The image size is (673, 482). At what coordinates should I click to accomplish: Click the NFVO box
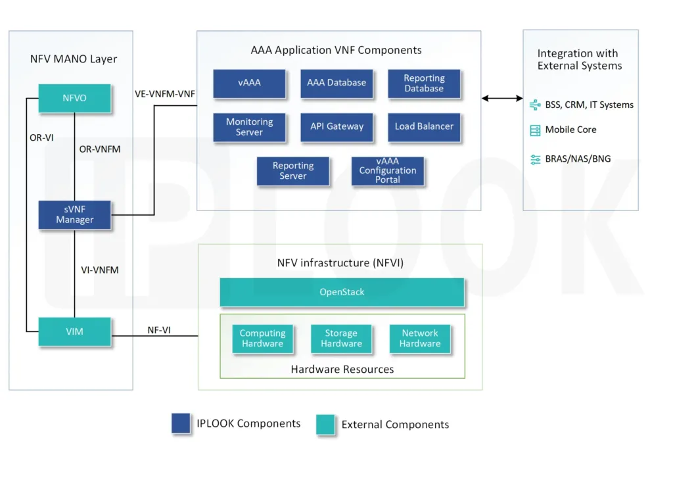click(74, 98)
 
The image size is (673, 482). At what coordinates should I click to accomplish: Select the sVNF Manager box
click(74, 214)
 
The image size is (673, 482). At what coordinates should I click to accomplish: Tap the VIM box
click(74, 331)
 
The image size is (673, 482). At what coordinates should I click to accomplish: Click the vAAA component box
click(249, 83)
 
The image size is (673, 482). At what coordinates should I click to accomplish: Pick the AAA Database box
click(336, 83)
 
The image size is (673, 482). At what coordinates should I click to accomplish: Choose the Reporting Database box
click(424, 83)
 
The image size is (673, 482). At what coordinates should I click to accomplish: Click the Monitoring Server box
click(249, 127)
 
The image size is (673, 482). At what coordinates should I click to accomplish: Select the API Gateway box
click(336, 126)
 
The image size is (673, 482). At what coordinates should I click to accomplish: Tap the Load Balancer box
click(424, 126)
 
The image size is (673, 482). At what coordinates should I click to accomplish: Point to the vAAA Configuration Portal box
click(387, 170)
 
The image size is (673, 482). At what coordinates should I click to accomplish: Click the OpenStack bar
click(342, 292)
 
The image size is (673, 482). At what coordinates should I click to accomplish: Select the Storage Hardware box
click(341, 339)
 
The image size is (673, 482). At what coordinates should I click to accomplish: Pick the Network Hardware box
click(420, 339)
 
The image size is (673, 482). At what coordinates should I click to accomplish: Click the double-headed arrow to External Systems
click(502, 99)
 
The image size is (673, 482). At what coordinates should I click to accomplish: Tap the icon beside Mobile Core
click(535, 130)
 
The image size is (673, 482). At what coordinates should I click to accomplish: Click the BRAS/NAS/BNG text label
click(573, 159)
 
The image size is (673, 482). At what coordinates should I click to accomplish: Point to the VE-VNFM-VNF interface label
click(164, 93)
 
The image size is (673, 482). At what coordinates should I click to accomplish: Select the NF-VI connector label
click(158, 330)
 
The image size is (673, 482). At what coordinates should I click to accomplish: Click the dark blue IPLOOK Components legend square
click(181, 423)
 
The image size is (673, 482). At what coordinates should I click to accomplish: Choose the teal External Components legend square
click(325, 425)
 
